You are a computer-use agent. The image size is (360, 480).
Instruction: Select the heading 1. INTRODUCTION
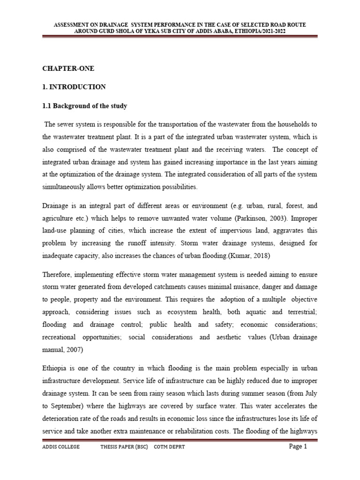[x=74, y=87]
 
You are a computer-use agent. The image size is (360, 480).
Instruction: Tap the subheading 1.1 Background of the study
[x=85, y=106]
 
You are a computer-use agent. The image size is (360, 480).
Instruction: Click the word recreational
[x=61, y=337]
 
